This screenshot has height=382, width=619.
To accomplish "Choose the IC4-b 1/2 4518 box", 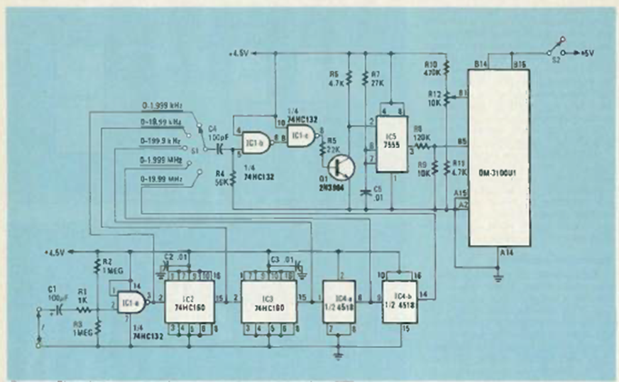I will click(x=400, y=302).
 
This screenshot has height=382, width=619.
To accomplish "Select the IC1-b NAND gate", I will click(x=255, y=142).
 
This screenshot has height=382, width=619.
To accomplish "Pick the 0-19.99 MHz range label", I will click(x=160, y=181).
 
